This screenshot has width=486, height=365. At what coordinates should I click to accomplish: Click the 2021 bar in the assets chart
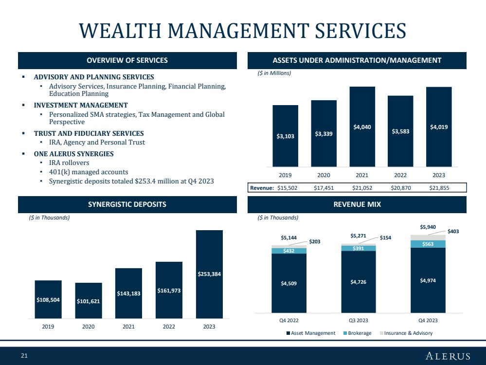tap(362, 127)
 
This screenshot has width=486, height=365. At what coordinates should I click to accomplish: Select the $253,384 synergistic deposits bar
tap(209, 274)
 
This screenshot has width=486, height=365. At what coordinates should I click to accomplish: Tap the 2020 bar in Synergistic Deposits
tap(89, 300)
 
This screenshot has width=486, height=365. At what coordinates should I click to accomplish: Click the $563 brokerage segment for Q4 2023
tap(428, 244)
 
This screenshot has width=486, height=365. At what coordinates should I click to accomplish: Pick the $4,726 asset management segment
tap(359, 282)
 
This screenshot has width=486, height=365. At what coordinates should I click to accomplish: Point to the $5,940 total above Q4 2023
tap(428, 227)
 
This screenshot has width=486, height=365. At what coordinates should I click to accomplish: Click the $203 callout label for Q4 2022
tap(315, 241)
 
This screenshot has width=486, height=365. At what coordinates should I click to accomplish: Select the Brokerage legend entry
tap(358, 333)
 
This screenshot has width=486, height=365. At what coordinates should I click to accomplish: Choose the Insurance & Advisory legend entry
tap(406, 333)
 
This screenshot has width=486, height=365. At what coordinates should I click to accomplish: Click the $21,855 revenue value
tap(439, 188)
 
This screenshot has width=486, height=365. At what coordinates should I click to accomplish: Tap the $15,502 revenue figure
tap(288, 188)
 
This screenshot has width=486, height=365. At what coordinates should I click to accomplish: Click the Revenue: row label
tap(262, 188)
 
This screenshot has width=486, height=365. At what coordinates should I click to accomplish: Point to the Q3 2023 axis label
tap(359, 320)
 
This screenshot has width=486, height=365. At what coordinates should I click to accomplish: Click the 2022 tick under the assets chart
tap(400, 175)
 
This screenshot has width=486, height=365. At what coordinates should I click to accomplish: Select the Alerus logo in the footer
tap(448, 356)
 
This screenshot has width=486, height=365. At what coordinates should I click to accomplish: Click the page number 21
tap(24, 356)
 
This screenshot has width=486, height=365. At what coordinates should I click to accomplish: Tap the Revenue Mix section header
tap(357, 204)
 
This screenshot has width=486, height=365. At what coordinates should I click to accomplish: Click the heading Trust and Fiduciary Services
tap(89, 133)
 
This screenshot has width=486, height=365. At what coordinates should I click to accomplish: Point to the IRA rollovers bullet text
tap(69, 163)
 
